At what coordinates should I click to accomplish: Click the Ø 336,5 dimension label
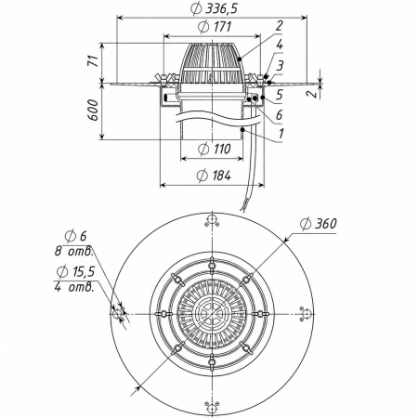pos(214,9)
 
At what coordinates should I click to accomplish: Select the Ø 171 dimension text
pos(215,27)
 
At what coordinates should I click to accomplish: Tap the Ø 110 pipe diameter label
pos(215,149)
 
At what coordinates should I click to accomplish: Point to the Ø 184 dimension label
pos(214,176)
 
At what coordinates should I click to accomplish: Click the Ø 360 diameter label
pos(319,224)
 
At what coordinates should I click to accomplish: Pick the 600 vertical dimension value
pos(94,111)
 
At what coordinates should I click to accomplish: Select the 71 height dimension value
pos(94,60)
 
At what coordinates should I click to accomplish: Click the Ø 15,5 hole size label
pos(76,271)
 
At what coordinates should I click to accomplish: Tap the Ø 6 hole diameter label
pos(76,236)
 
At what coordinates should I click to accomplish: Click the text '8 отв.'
pos(74,251)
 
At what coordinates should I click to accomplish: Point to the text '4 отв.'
pos(74,287)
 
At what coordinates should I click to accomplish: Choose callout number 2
pos(280,25)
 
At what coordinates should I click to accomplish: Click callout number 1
pos(281,134)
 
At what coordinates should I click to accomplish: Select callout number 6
pos(279,115)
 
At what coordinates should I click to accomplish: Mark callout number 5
pos(279,95)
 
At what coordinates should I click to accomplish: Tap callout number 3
pos(280,66)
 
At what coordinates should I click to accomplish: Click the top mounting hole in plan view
pos(212,220)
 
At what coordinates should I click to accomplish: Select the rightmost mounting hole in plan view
pos(307,314)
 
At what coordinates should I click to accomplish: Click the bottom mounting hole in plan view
pos(212,408)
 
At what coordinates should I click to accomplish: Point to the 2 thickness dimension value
pos(315,93)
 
